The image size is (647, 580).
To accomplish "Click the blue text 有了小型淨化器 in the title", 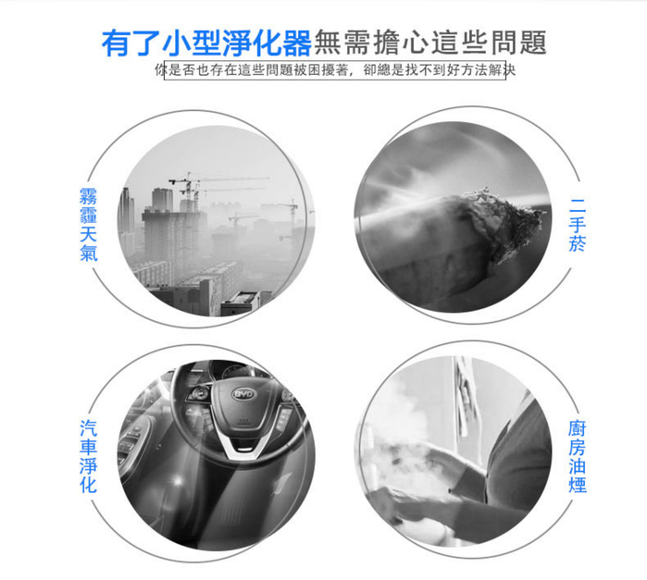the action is coord(206,43).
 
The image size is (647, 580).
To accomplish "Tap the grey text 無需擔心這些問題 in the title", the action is coord(430,43).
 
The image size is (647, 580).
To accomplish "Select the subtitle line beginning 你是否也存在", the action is coord(335,70).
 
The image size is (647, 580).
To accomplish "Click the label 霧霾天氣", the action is coord(88,225).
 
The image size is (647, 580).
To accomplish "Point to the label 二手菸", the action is coord(578,225).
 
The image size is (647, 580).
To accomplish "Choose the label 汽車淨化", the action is coord(88,456).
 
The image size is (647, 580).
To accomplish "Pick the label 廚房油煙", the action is coord(578,456).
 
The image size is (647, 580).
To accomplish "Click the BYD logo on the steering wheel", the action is coord(243,394).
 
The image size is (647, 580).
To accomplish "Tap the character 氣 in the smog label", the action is coord(88,253).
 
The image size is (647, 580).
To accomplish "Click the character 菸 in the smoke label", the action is coord(578,243).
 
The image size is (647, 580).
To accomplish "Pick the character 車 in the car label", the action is coord(88,447).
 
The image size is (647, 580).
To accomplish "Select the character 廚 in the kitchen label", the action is coord(578,428).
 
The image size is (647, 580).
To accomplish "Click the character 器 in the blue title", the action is coord(297,43).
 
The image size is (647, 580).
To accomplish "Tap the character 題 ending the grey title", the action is coord(533,43).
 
